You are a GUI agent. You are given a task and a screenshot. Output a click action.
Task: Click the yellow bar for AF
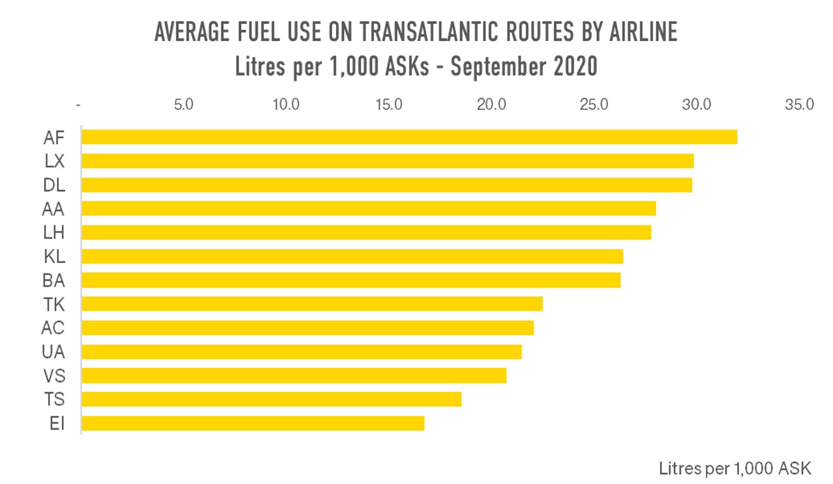[x=409, y=137]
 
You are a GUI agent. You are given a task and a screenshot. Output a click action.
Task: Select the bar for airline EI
[x=253, y=423]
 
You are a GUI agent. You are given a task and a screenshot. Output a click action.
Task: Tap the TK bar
[x=312, y=304]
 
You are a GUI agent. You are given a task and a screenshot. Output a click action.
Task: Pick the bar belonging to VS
[x=294, y=376]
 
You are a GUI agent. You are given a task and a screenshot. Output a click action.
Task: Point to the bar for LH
[x=366, y=233]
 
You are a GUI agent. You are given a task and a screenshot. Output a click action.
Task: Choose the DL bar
[x=387, y=185]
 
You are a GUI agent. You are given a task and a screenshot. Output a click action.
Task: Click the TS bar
[x=272, y=399]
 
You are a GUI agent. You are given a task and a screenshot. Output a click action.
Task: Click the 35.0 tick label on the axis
[x=799, y=104]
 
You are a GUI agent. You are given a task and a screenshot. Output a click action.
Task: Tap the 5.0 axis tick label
[x=183, y=104]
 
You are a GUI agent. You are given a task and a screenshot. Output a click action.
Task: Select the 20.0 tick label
[x=491, y=104]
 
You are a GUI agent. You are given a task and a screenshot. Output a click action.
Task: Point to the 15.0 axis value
[x=388, y=104]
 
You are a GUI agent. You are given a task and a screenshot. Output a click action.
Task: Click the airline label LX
[x=54, y=161]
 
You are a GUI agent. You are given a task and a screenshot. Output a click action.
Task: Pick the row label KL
[x=54, y=257]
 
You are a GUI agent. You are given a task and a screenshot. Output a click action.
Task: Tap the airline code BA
[x=54, y=281]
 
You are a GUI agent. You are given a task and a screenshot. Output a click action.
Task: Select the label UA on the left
[x=54, y=352]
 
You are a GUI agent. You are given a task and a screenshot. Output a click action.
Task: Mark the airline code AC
[x=53, y=328]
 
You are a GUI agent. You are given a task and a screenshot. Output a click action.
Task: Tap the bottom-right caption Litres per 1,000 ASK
[x=734, y=468]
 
